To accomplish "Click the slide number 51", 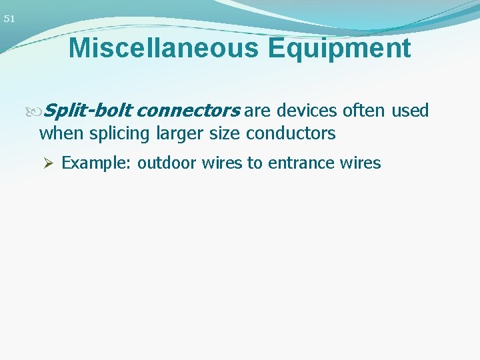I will [x=9, y=19].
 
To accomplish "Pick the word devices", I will [x=306, y=110].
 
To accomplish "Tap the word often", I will [x=364, y=110].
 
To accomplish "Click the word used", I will [x=410, y=110].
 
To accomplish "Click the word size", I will [x=223, y=133].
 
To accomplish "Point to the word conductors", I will [x=291, y=133].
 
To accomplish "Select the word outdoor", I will [x=164, y=163].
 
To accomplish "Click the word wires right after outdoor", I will [x=219, y=163].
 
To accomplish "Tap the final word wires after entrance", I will [x=361, y=163].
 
